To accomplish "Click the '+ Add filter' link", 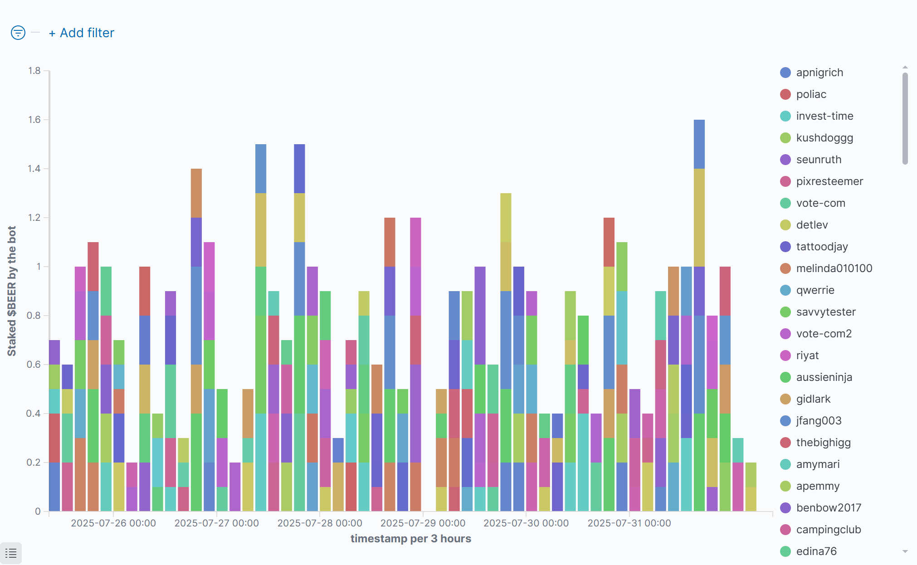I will point(82,33).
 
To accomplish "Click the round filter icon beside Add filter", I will point(18,33).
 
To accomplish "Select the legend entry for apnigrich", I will point(819,73).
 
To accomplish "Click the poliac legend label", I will point(811,94).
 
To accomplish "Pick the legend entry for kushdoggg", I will point(824,138).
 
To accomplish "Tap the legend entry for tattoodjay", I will point(821,247).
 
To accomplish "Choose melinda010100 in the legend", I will point(834,268).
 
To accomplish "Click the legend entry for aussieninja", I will point(824,377).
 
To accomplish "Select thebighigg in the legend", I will point(823,443).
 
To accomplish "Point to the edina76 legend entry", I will point(816,551).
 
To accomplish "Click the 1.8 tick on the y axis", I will point(34,71).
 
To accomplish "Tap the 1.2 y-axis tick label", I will point(34,218).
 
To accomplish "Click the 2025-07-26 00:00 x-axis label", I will point(113,523).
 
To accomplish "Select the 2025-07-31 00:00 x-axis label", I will point(629,523).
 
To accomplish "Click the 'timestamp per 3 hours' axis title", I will point(410,539).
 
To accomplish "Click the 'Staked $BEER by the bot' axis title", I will point(12,291).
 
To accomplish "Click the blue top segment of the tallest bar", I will point(699,144).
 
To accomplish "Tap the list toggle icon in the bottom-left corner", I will point(11,553).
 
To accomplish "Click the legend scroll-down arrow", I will point(905,551).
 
